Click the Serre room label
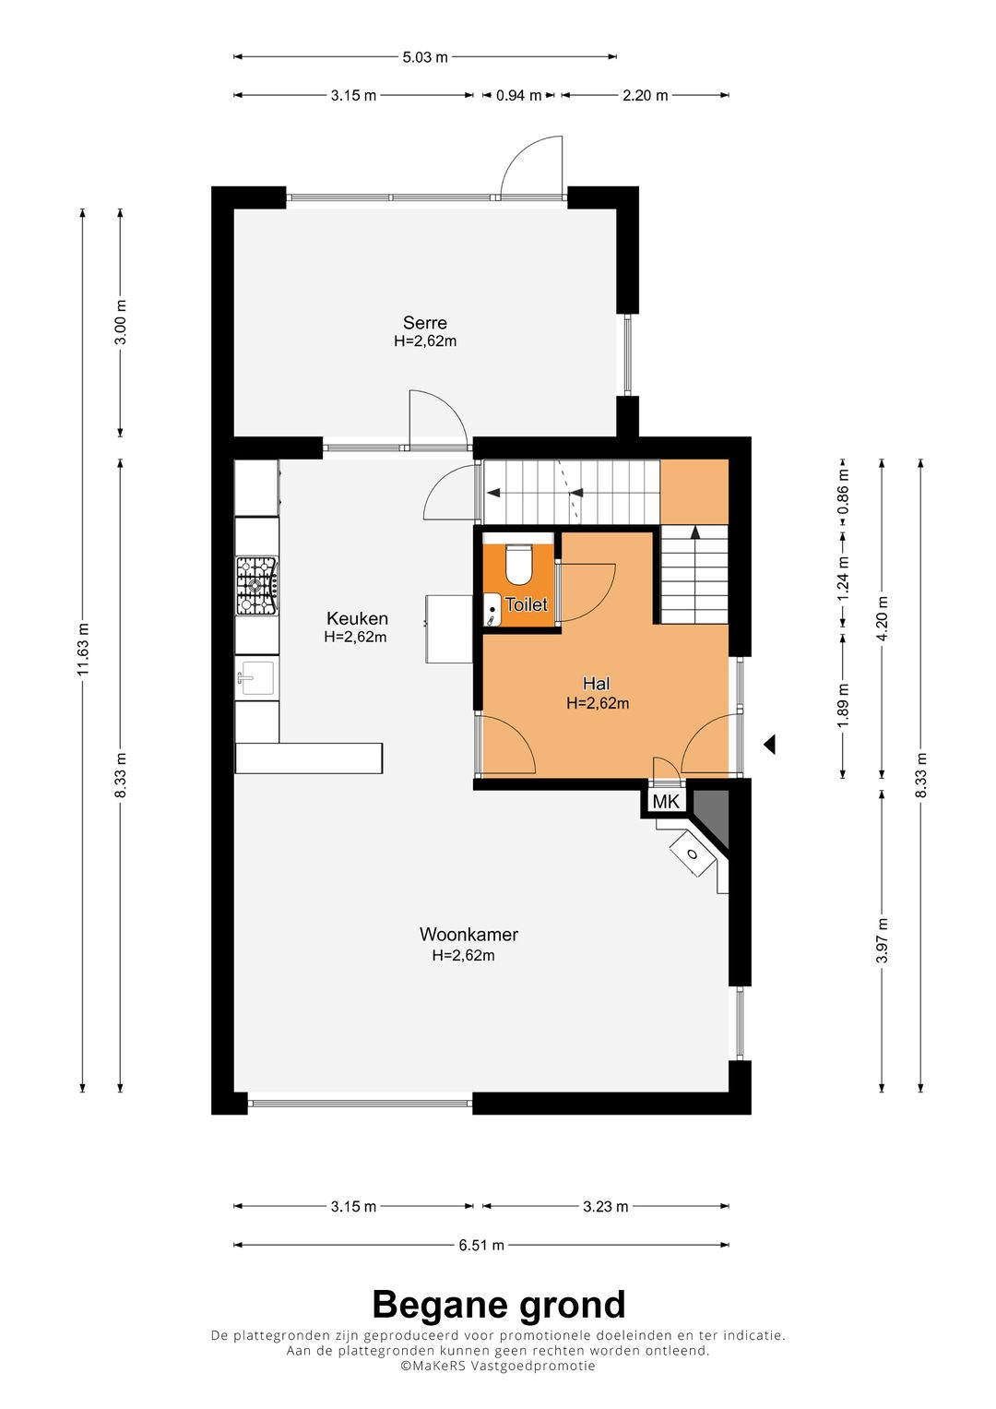click(x=425, y=323)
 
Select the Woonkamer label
click(x=468, y=934)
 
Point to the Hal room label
click(x=596, y=683)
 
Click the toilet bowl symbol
click(x=519, y=564)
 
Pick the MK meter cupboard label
click(x=666, y=801)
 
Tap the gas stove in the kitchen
click(x=256, y=586)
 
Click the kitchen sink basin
click(x=258, y=677)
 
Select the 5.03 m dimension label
click(x=425, y=57)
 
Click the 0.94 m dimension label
click(x=518, y=96)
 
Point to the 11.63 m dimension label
click(x=83, y=650)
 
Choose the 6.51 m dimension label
click(x=481, y=1245)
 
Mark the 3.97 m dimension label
click(x=883, y=940)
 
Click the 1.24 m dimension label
click(x=844, y=578)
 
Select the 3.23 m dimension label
click(x=606, y=1206)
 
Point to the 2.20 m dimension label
click(x=646, y=96)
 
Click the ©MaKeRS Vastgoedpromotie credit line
click(x=498, y=1366)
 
